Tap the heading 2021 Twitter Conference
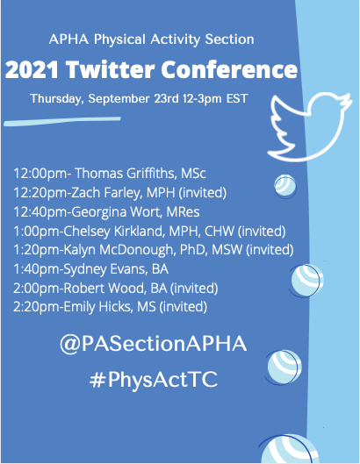pyautogui.click(x=152, y=68)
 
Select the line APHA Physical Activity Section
pyautogui.click(x=152, y=39)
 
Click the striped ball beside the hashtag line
pyautogui.click(x=285, y=368)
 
